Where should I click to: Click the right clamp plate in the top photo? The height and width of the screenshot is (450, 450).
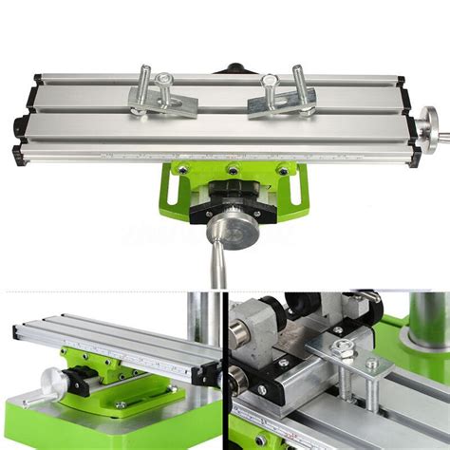click(x=282, y=102)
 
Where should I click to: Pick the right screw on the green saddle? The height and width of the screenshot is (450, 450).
click(x=282, y=171)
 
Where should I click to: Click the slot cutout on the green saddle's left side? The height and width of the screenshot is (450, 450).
click(x=171, y=189)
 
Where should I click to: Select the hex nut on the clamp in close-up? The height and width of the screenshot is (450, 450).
click(x=344, y=350)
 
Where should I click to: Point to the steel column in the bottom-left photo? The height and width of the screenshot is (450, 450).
click(x=202, y=318)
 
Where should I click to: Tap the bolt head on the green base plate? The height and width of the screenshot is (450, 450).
click(x=121, y=404)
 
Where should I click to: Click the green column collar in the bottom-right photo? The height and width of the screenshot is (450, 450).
click(x=425, y=337)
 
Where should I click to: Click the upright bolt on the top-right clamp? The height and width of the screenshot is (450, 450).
click(x=299, y=84)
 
